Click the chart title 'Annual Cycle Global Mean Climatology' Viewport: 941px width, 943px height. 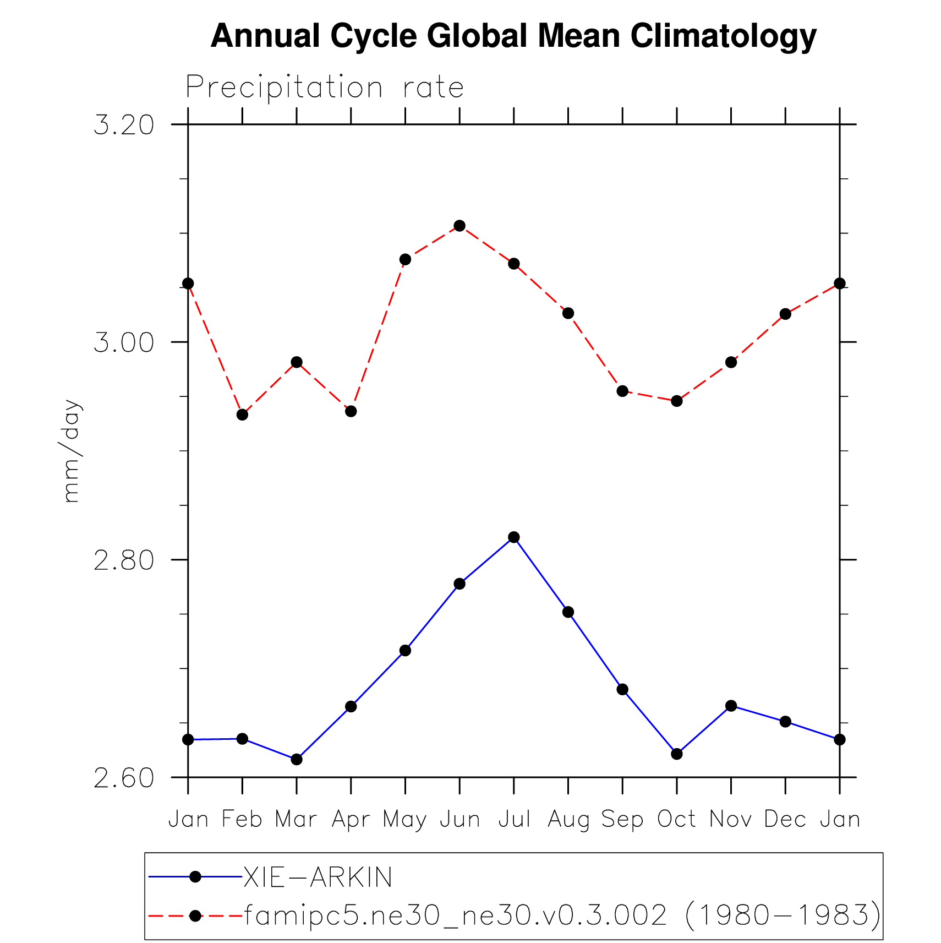[x=513, y=36]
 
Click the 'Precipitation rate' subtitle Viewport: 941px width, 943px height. [x=325, y=88]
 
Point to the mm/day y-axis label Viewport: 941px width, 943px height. [x=72, y=451]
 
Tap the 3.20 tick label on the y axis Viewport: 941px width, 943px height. [x=124, y=125]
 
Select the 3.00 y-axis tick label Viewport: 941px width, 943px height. [x=124, y=342]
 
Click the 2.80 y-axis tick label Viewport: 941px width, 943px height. [x=124, y=560]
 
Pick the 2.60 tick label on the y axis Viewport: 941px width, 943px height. [x=124, y=778]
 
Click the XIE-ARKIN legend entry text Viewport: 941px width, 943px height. [x=318, y=877]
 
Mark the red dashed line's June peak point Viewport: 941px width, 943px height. [x=459, y=226]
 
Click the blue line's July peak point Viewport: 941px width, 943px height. [x=514, y=537]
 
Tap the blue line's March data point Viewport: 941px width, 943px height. [x=297, y=759]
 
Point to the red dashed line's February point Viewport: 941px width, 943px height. [x=242, y=415]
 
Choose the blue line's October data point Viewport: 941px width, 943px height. [x=677, y=754]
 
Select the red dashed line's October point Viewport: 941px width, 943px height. [x=677, y=401]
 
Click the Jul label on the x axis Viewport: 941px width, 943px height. [x=514, y=820]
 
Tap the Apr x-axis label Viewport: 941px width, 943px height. [x=351, y=820]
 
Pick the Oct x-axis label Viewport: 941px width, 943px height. [x=677, y=820]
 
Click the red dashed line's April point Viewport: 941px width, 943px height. [x=351, y=411]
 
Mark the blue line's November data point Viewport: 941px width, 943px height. [x=731, y=706]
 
